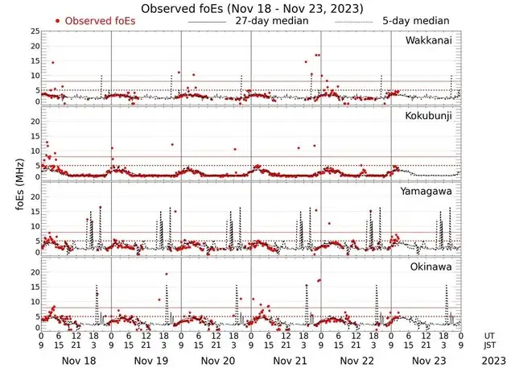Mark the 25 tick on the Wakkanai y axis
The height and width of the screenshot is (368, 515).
point(34,31)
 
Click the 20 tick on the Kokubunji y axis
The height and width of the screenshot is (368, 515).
point(34,122)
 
